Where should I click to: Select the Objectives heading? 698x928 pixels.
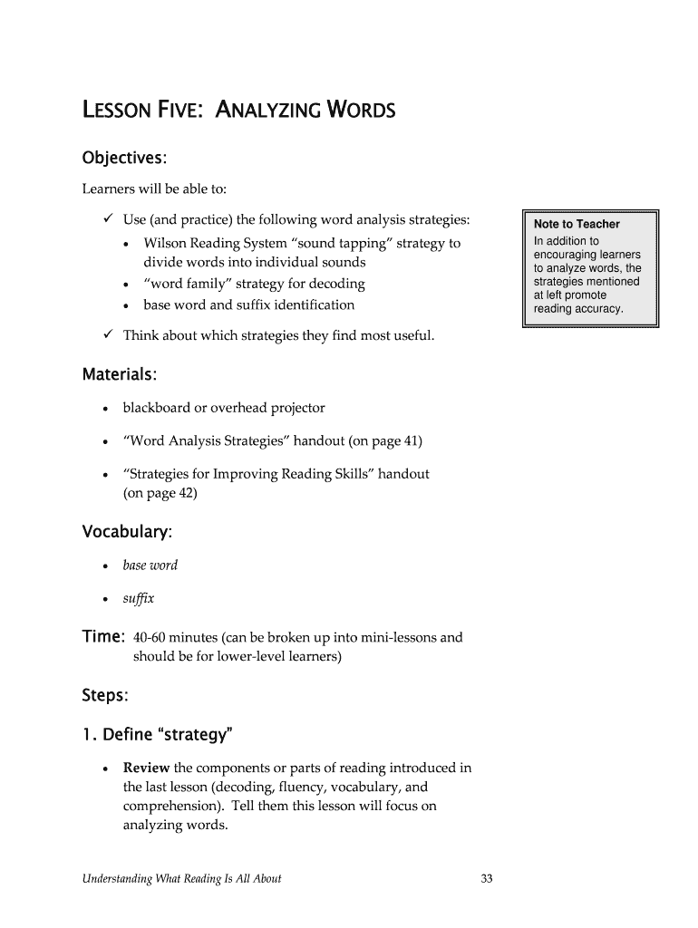[x=124, y=158]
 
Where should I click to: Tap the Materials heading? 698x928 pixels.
[x=120, y=374]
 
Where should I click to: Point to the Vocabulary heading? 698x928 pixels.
[x=127, y=530]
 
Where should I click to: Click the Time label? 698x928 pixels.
[x=103, y=636]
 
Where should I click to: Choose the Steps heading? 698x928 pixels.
[x=105, y=696]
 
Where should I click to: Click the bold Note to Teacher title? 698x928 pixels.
[x=577, y=224]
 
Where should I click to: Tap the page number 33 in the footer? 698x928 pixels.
[x=486, y=878]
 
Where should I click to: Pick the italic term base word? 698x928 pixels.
[x=150, y=565]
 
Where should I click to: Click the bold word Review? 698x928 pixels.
[x=146, y=768]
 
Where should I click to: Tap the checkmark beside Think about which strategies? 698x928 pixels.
[x=108, y=335]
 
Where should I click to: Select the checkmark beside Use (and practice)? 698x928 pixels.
[x=108, y=219]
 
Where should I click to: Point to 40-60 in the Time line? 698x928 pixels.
[x=150, y=637]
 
